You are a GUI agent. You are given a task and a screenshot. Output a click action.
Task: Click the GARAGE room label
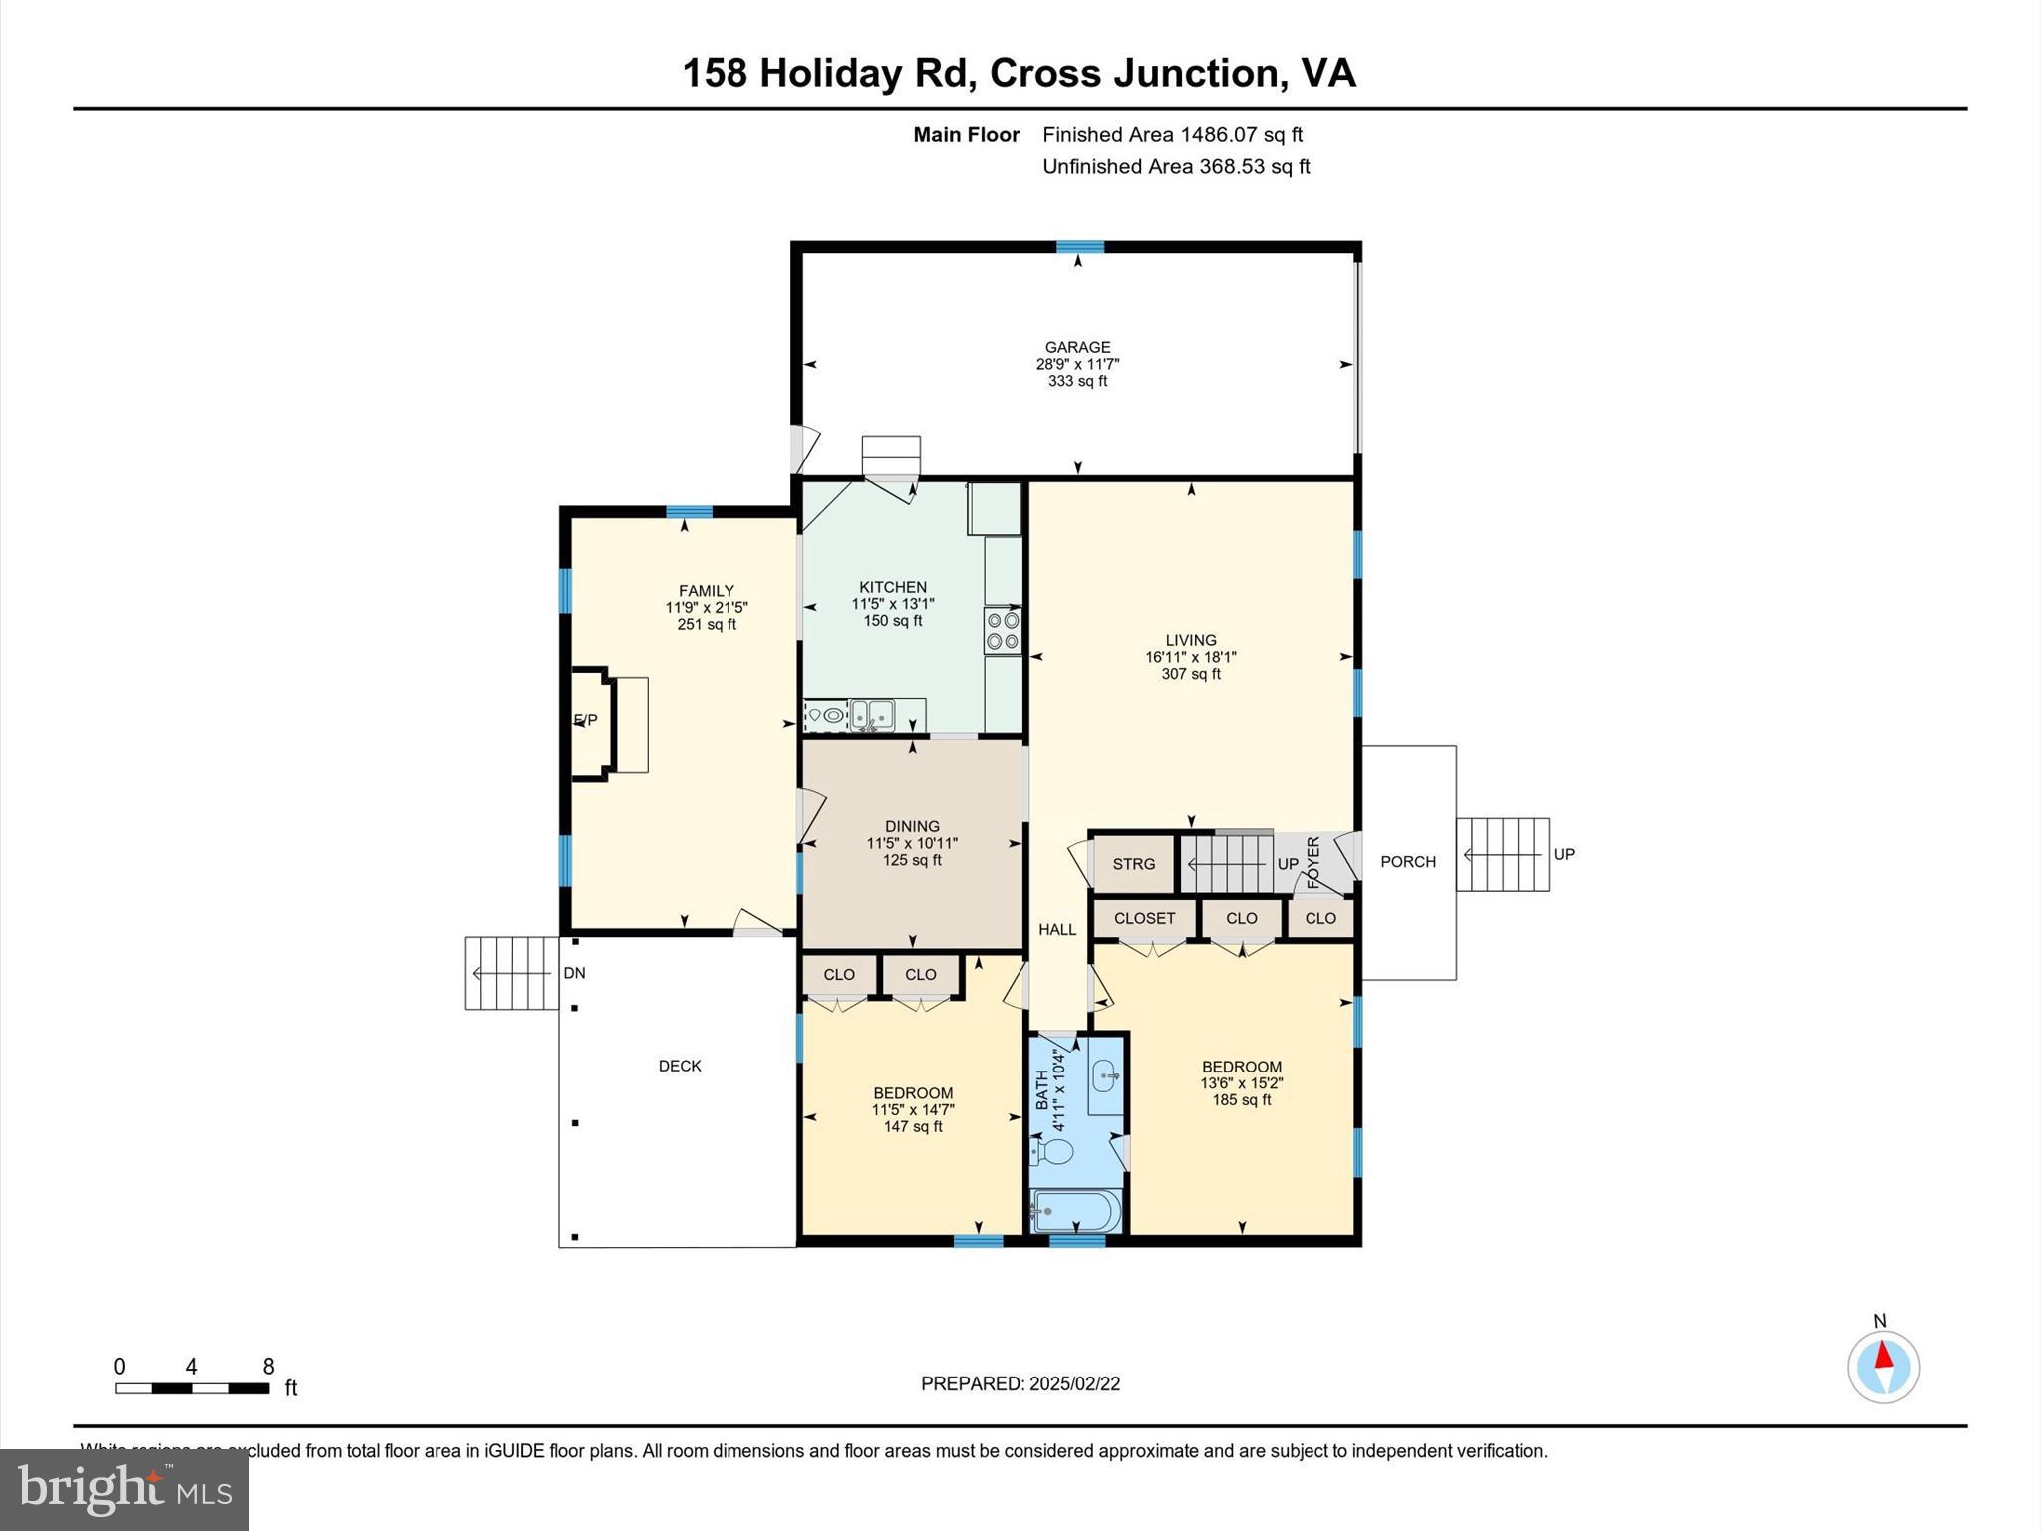pos(1077,348)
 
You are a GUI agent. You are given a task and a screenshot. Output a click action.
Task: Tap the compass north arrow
pos(1883,1357)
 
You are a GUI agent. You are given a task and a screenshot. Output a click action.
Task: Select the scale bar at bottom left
pos(191,1388)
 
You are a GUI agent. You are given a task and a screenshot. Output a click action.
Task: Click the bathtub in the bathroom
pos(1076,1212)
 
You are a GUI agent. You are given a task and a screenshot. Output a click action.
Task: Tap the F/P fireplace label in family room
pos(586,720)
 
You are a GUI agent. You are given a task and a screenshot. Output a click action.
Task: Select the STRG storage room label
pos(1134,864)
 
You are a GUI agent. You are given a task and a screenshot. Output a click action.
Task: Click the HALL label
pos(1057,930)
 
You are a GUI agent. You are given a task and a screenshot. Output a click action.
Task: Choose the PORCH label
pos(1407,862)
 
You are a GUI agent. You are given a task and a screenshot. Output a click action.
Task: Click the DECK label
pos(680,1066)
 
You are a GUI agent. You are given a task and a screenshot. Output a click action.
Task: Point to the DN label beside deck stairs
pos(574,973)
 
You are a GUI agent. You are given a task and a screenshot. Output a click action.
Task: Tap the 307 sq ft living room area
pos(1191,674)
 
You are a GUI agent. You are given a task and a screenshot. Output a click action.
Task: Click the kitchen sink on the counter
pos(872,715)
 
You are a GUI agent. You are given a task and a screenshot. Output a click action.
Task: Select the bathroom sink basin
pos(1105,1075)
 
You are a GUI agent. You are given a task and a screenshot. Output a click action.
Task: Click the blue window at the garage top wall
pos(1080,247)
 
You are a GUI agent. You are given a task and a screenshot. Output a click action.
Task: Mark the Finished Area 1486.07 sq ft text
pos(1172,135)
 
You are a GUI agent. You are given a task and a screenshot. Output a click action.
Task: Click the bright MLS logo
pos(125,1489)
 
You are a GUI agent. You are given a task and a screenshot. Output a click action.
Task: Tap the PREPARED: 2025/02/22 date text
pos(1020,1383)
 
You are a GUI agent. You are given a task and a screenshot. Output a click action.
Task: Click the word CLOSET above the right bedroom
pos(1144,918)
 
